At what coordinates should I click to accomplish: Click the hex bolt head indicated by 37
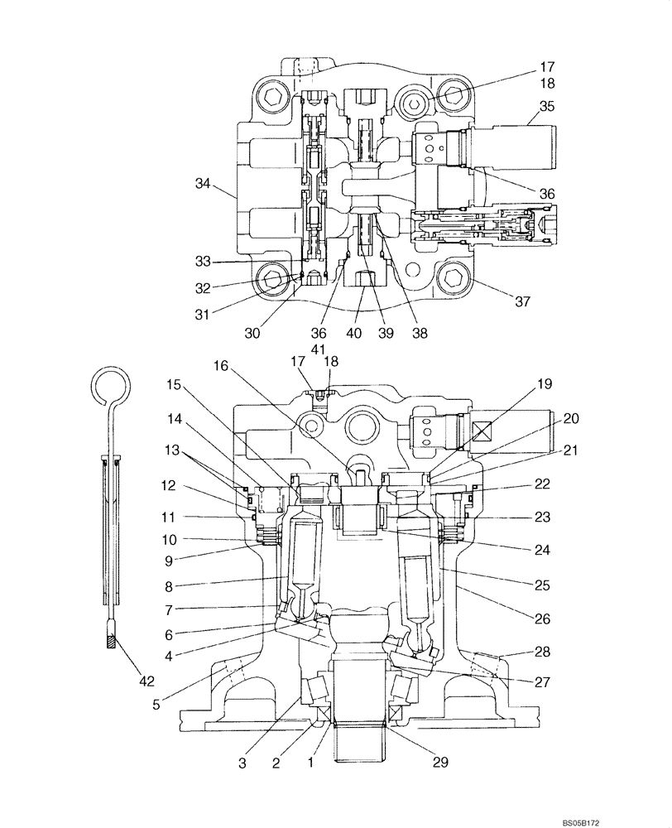tap(455, 281)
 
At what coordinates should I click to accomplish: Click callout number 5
tap(157, 705)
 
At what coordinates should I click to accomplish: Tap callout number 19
tap(543, 384)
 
